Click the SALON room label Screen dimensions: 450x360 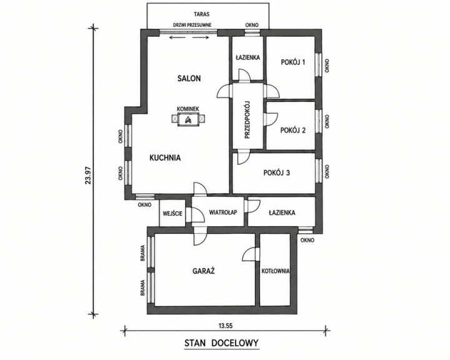(x=189, y=78)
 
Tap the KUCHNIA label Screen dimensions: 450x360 (x=165, y=157)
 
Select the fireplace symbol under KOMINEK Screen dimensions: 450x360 (x=188, y=119)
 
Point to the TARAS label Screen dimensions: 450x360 (x=201, y=14)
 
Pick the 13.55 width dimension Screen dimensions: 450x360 (x=225, y=326)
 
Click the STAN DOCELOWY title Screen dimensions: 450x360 (x=221, y=343)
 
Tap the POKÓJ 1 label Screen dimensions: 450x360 (x=292, y=62)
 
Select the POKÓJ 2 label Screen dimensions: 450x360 (x=292, y=131)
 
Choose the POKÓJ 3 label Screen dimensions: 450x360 (x=277, y=172)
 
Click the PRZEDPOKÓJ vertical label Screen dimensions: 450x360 (x=247, y=120)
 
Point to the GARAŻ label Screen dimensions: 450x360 (x=204, y=271)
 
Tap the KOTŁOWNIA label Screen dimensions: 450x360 (x=276, y=271)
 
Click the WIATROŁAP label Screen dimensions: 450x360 (x=223, y=212)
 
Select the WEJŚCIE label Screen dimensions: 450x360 (x=172, y=214)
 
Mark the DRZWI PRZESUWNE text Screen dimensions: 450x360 (x=192, y=25)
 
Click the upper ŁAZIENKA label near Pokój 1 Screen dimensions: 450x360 (x=247, y=57)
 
